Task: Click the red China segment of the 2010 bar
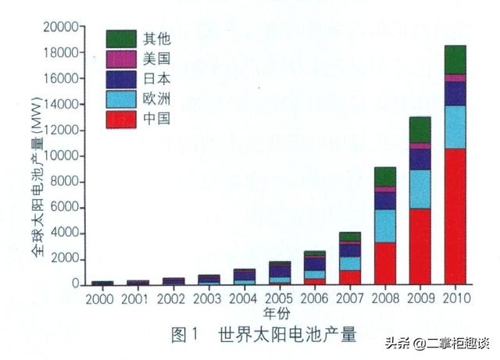[455, 216]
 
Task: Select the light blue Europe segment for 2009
[420, 189]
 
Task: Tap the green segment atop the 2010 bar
[455, 59]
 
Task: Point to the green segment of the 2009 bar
[420, 130]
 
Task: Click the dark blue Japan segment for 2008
[385, 201]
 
